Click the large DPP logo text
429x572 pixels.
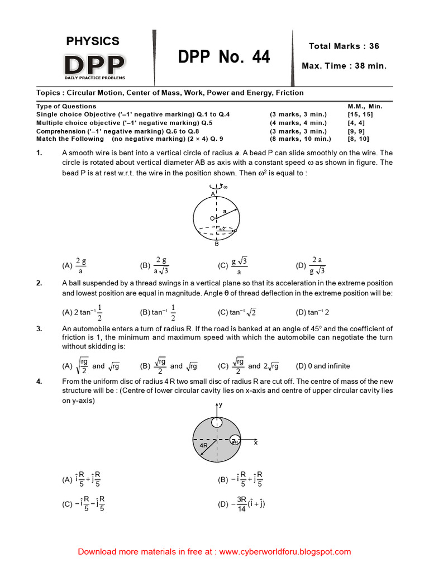coord(93,65)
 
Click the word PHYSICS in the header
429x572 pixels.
coord(93,41)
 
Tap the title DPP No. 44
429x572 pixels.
coord(224,57)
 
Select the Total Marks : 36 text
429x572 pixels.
coord(344,46)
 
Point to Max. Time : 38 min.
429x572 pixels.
coord(344,66)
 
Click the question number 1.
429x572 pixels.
coord(40,152)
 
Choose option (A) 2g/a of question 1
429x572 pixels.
coord(75,266)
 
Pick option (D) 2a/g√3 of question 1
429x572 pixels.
coord(311,266)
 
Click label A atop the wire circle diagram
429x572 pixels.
coord(213,193)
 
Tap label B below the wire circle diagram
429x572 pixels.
coord(217,244)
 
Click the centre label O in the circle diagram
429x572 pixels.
coord(212,218)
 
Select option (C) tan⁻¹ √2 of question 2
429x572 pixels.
coord(237,312)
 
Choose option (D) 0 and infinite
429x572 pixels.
coord(323,366)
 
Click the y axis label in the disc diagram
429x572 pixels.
coord(220,404)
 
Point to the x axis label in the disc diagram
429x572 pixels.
coord(256,442)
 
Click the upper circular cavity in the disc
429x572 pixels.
coord(216,423)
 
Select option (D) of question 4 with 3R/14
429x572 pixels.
coord(241,504)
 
